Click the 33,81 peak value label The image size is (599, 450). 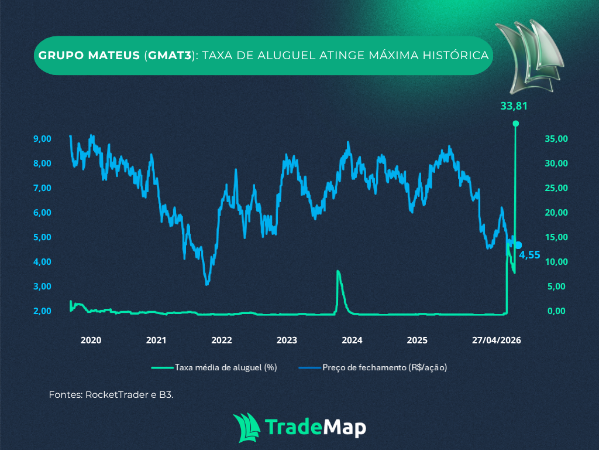(x=515, y=106)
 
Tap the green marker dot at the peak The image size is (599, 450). (x=515, y=123)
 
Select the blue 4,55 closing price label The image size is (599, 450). (x=529, y=255)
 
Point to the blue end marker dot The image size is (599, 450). (x=518, y=245)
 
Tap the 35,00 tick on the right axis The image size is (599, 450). (x=556, y=139)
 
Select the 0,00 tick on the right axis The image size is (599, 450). (x=556, y=311)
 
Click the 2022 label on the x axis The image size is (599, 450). (x=222, y=340)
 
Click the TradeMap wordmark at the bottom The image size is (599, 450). (x=316, y=426)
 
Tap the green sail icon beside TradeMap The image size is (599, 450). (x=246, y=427)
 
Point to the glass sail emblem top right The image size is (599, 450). (x=528, y=56)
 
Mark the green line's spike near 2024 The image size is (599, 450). (x=338, y=272)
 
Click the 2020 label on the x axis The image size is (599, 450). (x=91, y=340)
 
